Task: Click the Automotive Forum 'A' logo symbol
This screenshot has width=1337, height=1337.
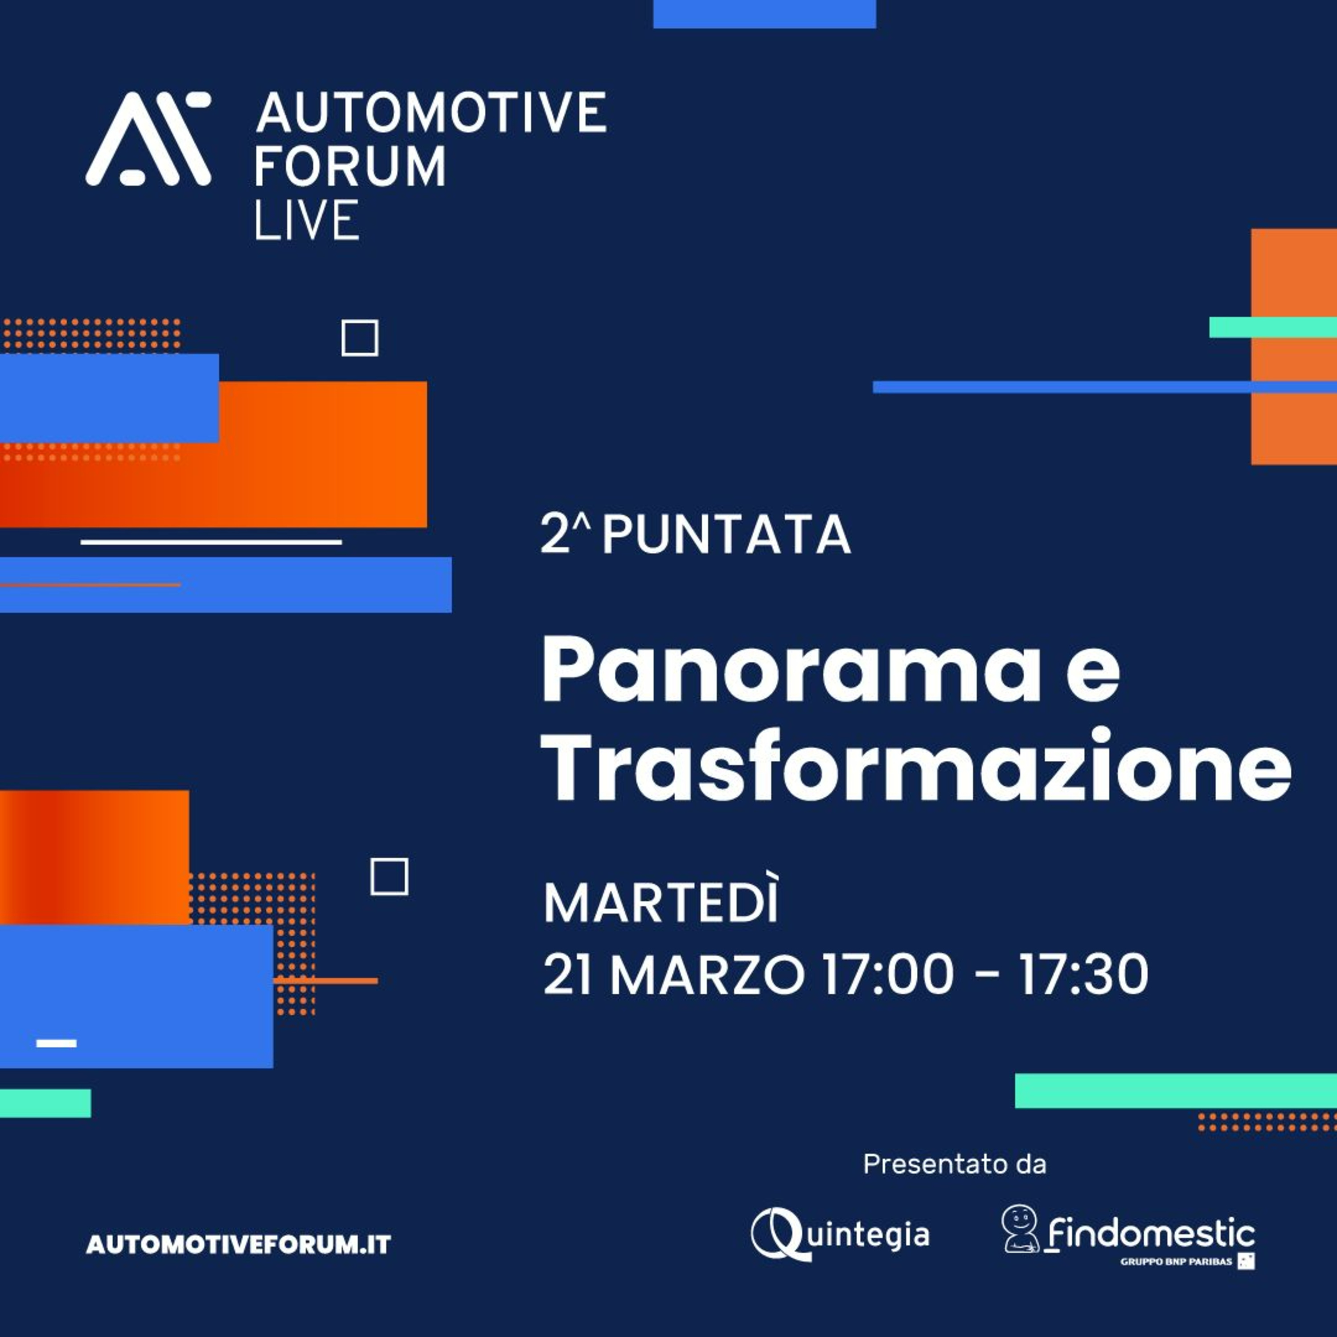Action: pyautogui.click(x=148, y=139)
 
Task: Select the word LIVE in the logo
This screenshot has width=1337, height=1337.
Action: pyautogui.click(x=307, y=220)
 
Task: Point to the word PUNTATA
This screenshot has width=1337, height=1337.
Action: pyautogui.click(x=726, y=534)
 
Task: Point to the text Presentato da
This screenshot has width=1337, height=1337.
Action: pyautogui.click(x=954, y=1164)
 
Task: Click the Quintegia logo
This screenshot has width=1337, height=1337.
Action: pyautogui.click(x=840, y=1234)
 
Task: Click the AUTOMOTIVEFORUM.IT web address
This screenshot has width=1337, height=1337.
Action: pyautogui.click(x=238, y=1245)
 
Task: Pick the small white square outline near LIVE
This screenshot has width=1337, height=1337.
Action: pyautogui.click(x=360, y=338)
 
